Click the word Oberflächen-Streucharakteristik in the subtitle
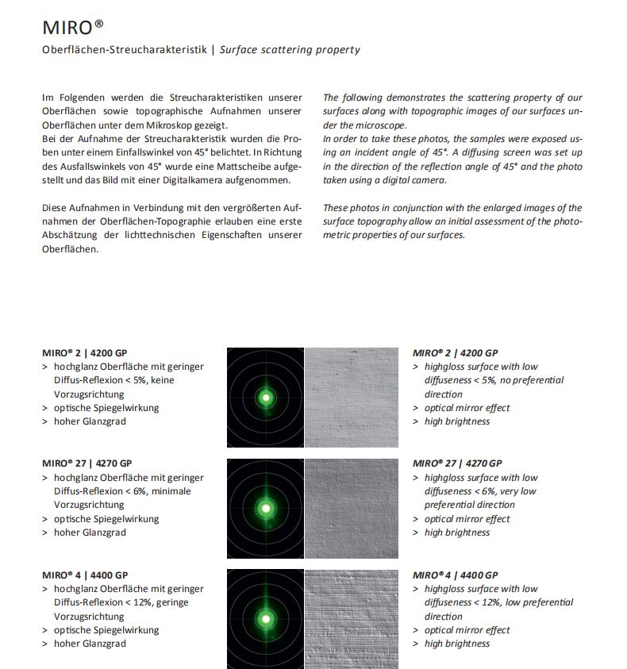[x=125, y=50]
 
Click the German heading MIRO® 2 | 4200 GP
[x=87, y=352]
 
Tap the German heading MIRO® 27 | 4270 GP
[x=87, y=463]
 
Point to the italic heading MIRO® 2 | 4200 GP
[x=456, y=352]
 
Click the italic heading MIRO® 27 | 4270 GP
[x=456, y=463]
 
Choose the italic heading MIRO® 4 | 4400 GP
[x=456, y=575]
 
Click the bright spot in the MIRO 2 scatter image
[x=266, y=397]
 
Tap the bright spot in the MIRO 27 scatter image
[x=266, y=508]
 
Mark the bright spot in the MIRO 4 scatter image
[x=266, y=619]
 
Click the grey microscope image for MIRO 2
[x=351, y=397]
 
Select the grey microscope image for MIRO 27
[x=351, y=508]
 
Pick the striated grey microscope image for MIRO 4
[x=351, y=619]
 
